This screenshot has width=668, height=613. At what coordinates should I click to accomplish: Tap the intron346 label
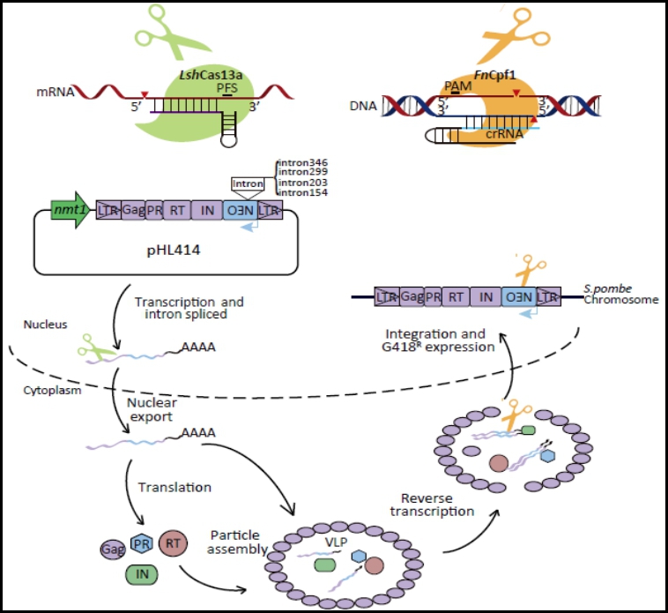pos(303,163)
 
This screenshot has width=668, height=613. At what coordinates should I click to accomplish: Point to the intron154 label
pos(303,192)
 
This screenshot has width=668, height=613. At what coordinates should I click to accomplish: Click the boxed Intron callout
pos(247,183)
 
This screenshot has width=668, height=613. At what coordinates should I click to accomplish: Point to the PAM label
pos(458,86)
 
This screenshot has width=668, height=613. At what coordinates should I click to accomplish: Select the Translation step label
pos(174,486)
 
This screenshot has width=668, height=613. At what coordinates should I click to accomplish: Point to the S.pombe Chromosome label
pos(620,295)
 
